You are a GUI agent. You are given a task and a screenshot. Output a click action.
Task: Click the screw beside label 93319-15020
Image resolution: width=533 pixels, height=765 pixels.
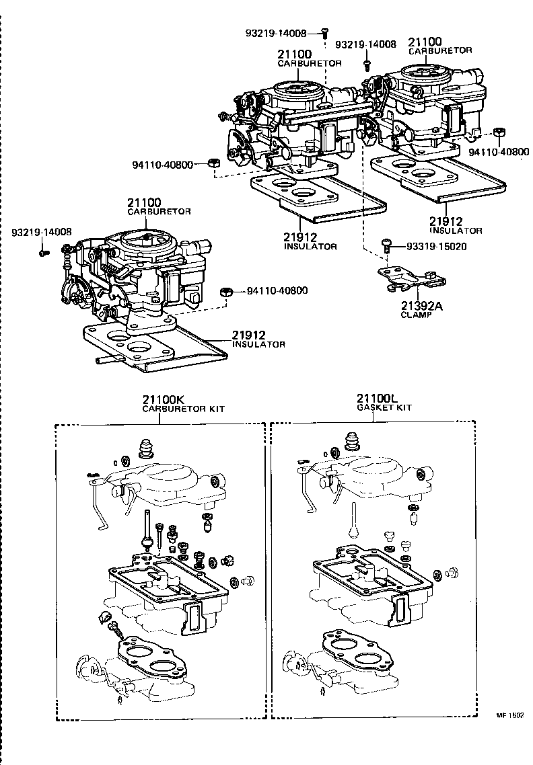(x=386, y=245)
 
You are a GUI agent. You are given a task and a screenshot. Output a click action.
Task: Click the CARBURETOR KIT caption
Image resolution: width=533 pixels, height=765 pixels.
(x=182, y=409)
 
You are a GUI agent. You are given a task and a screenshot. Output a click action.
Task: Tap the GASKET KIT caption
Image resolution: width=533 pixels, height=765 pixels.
(x=384, y=408)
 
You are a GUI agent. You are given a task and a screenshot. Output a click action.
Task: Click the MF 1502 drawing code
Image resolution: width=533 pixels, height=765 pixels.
(x=510, y=716)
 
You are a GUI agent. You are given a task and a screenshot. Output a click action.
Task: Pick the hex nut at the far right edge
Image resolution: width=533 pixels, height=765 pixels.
(x=499, y=132)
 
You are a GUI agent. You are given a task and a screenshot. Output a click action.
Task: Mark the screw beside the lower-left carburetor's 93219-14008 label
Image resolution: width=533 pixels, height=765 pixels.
(x=44, y=252)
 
